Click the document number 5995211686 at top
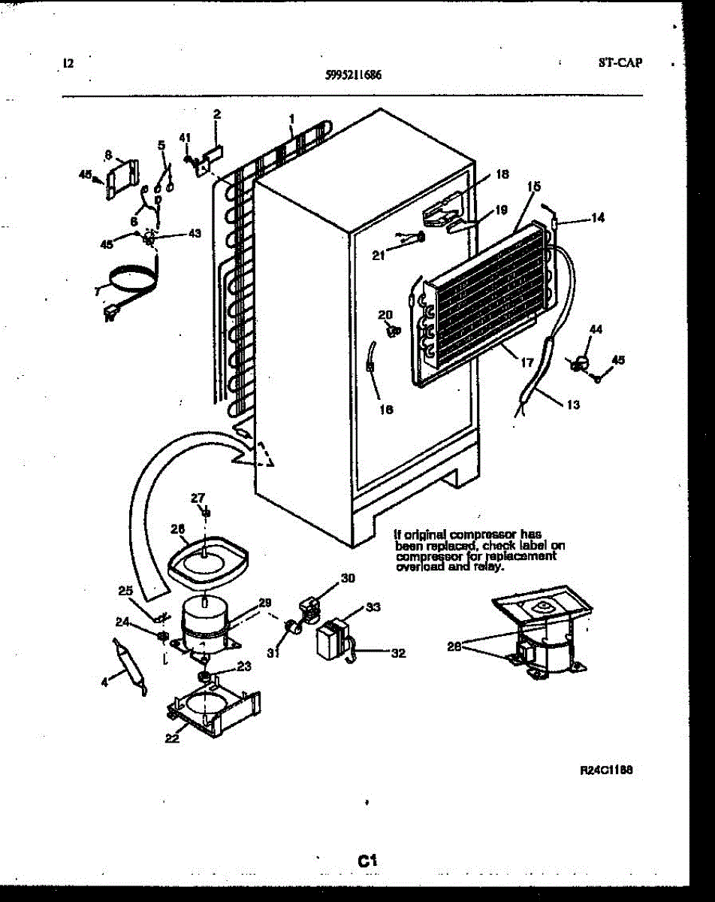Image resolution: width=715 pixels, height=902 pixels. click(x=354, y=75)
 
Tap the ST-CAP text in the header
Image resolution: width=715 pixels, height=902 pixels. click(x=620, y=63)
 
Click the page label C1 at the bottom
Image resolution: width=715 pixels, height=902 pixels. click(x=367, y=861)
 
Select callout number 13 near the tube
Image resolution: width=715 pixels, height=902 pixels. click(x=573, y=404)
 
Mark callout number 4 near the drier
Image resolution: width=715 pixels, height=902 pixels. click(x=105, y=680)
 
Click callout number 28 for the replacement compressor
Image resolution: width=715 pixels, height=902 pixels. click(x=454, y=646)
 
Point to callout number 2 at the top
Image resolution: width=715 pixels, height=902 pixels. click(x=217, y=114)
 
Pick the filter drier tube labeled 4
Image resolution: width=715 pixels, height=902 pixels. click(x=129, y=663)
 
